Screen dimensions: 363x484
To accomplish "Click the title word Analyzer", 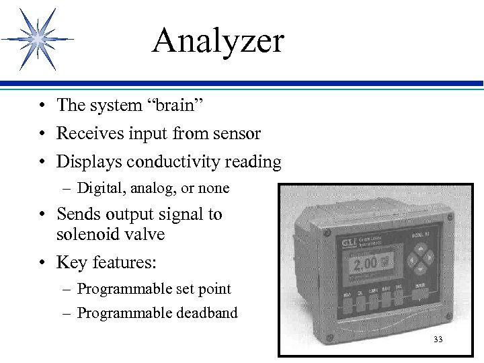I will (218, 42).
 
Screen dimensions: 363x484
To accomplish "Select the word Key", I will (70, 261).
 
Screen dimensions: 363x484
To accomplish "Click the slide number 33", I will (438, 339).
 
